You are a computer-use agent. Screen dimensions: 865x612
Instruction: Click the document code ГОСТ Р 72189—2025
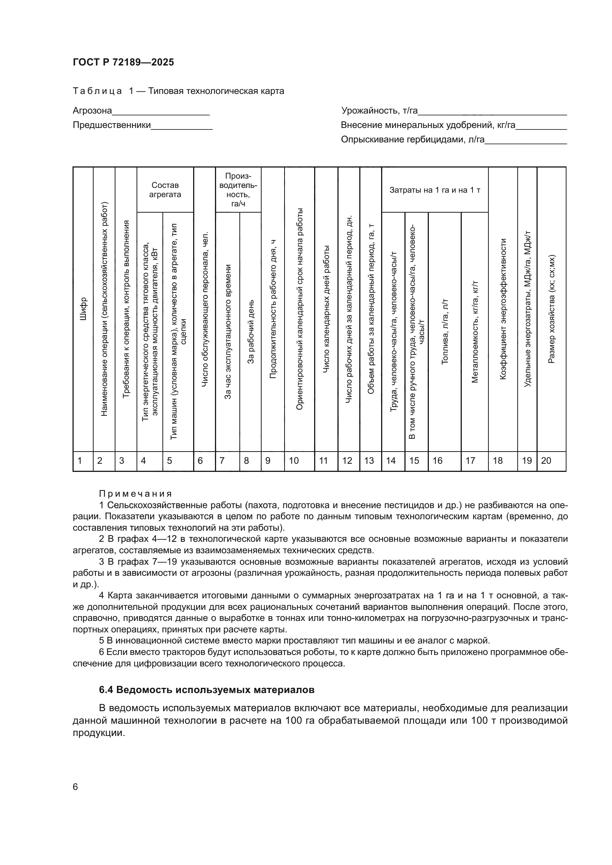tap(123, 62)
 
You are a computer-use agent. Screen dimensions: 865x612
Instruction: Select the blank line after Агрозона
tap(161, 112)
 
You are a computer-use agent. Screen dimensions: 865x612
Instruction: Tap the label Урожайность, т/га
tap(379, 111)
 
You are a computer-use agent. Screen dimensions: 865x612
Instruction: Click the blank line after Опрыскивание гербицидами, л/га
tap(526, 141)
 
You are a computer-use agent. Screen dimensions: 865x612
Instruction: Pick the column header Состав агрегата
tap(165, 190)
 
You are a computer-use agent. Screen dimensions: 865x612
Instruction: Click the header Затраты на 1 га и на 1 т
tap(434, 190)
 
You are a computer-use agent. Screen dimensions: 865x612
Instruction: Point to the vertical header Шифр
tap(83, 309)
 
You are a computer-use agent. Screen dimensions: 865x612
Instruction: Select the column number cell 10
tap(293, 461)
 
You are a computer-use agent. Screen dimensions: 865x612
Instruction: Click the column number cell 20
tap(546, 461)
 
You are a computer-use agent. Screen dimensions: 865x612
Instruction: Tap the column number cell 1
tap(80, 461)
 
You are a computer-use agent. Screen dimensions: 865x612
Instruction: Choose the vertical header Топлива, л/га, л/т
tap(445, 331)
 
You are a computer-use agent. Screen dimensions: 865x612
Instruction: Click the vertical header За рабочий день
tap(250, 331)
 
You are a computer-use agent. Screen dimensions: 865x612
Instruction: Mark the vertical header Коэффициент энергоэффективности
tap(503, 309)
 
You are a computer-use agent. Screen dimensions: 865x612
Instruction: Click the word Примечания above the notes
tap(135, 494)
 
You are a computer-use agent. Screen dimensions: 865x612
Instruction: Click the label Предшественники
tap(111, 125)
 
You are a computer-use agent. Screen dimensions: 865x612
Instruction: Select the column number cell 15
tap(414, 461)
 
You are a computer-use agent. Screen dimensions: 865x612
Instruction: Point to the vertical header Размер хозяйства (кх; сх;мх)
tap(551, 309)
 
